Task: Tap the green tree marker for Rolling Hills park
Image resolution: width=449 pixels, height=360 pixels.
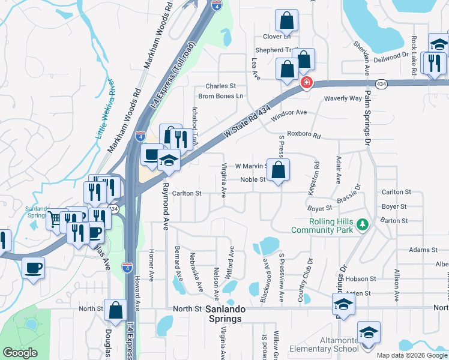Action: point(362,225)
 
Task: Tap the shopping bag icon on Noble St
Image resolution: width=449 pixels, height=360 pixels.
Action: point(279,170)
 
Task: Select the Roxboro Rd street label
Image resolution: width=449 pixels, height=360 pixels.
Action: point(304,135)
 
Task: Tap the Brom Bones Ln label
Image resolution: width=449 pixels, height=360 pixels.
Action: point(221,95)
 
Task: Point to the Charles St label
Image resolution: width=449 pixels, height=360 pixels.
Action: point(221,86)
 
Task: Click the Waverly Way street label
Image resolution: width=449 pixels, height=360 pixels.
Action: point(343,98)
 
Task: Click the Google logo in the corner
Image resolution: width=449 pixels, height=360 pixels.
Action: point(20,353)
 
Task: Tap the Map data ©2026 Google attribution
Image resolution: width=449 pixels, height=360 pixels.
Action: point(412,355)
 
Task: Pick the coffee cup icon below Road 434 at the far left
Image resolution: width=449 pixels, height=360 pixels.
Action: point(34,268)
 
